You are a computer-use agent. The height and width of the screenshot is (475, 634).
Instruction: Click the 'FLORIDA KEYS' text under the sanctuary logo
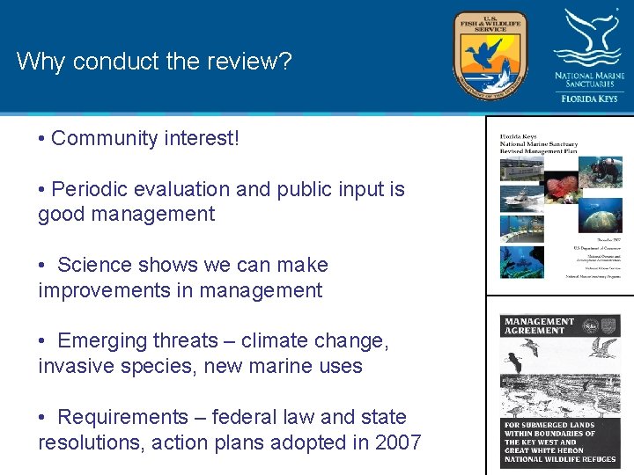[589, 99]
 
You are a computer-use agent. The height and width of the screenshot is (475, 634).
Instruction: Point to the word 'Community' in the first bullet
[104, 139]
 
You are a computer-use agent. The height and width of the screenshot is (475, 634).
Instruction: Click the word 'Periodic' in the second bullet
[88, 190]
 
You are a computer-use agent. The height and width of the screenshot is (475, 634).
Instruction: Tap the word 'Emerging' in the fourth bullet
[100, 341]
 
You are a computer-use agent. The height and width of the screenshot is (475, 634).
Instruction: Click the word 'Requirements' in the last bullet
[122, 417]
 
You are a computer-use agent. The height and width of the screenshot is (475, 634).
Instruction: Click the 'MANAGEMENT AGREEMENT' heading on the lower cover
[539, 326]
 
